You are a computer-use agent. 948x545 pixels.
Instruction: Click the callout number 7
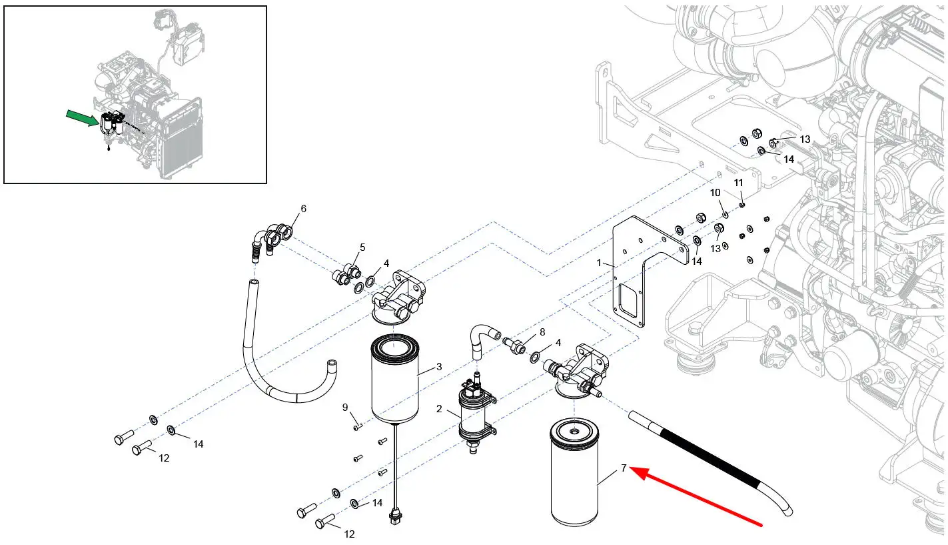[624, 468]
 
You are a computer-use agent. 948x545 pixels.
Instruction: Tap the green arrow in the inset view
[82, 120]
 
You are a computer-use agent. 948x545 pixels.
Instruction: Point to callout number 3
[438, 367]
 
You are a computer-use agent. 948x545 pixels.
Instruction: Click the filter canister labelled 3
[396, 380]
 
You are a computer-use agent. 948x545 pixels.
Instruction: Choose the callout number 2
[439, 408]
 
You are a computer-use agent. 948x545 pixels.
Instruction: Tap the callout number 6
[303, 209]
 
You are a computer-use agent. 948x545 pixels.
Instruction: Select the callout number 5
[362, 247]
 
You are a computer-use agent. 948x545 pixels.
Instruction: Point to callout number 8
[542, 332]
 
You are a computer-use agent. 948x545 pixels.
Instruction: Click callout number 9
[345, 407]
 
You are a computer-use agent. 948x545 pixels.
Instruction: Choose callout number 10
[715, 193]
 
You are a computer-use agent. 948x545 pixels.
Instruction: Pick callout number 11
[738, 183]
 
